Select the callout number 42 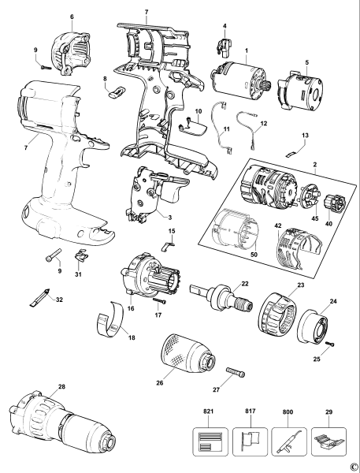click(x=254, y=225)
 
